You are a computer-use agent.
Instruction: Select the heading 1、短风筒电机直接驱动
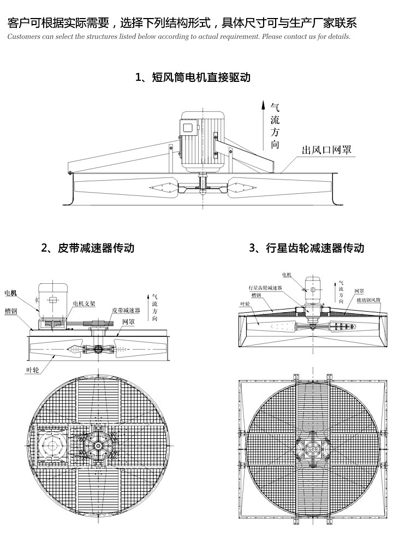pos(193,77)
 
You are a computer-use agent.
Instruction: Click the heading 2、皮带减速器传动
pos(88,248)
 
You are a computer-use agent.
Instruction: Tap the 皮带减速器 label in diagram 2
pos(126,310)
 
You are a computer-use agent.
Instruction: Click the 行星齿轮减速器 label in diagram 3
pos(265,288)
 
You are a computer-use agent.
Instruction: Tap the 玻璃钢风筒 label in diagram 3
pos(369,300)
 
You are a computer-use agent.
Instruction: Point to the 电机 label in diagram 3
pos(287,275)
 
